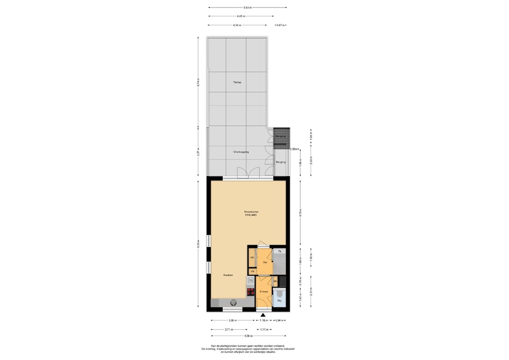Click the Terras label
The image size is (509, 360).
point(237,83)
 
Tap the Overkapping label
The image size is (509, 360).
point(241,152)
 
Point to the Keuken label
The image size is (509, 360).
point(228,275)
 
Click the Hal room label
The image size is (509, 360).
point(265,262)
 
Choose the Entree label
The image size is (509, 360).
point(264,292)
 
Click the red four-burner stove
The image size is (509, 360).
point(251,292)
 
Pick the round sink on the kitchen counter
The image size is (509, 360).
point(233,302)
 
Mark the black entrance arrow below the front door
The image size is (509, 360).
point(263,315)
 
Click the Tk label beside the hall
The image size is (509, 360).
point(280,252)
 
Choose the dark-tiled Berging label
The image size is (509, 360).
point(281,136)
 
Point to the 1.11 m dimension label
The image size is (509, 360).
point(264,329)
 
